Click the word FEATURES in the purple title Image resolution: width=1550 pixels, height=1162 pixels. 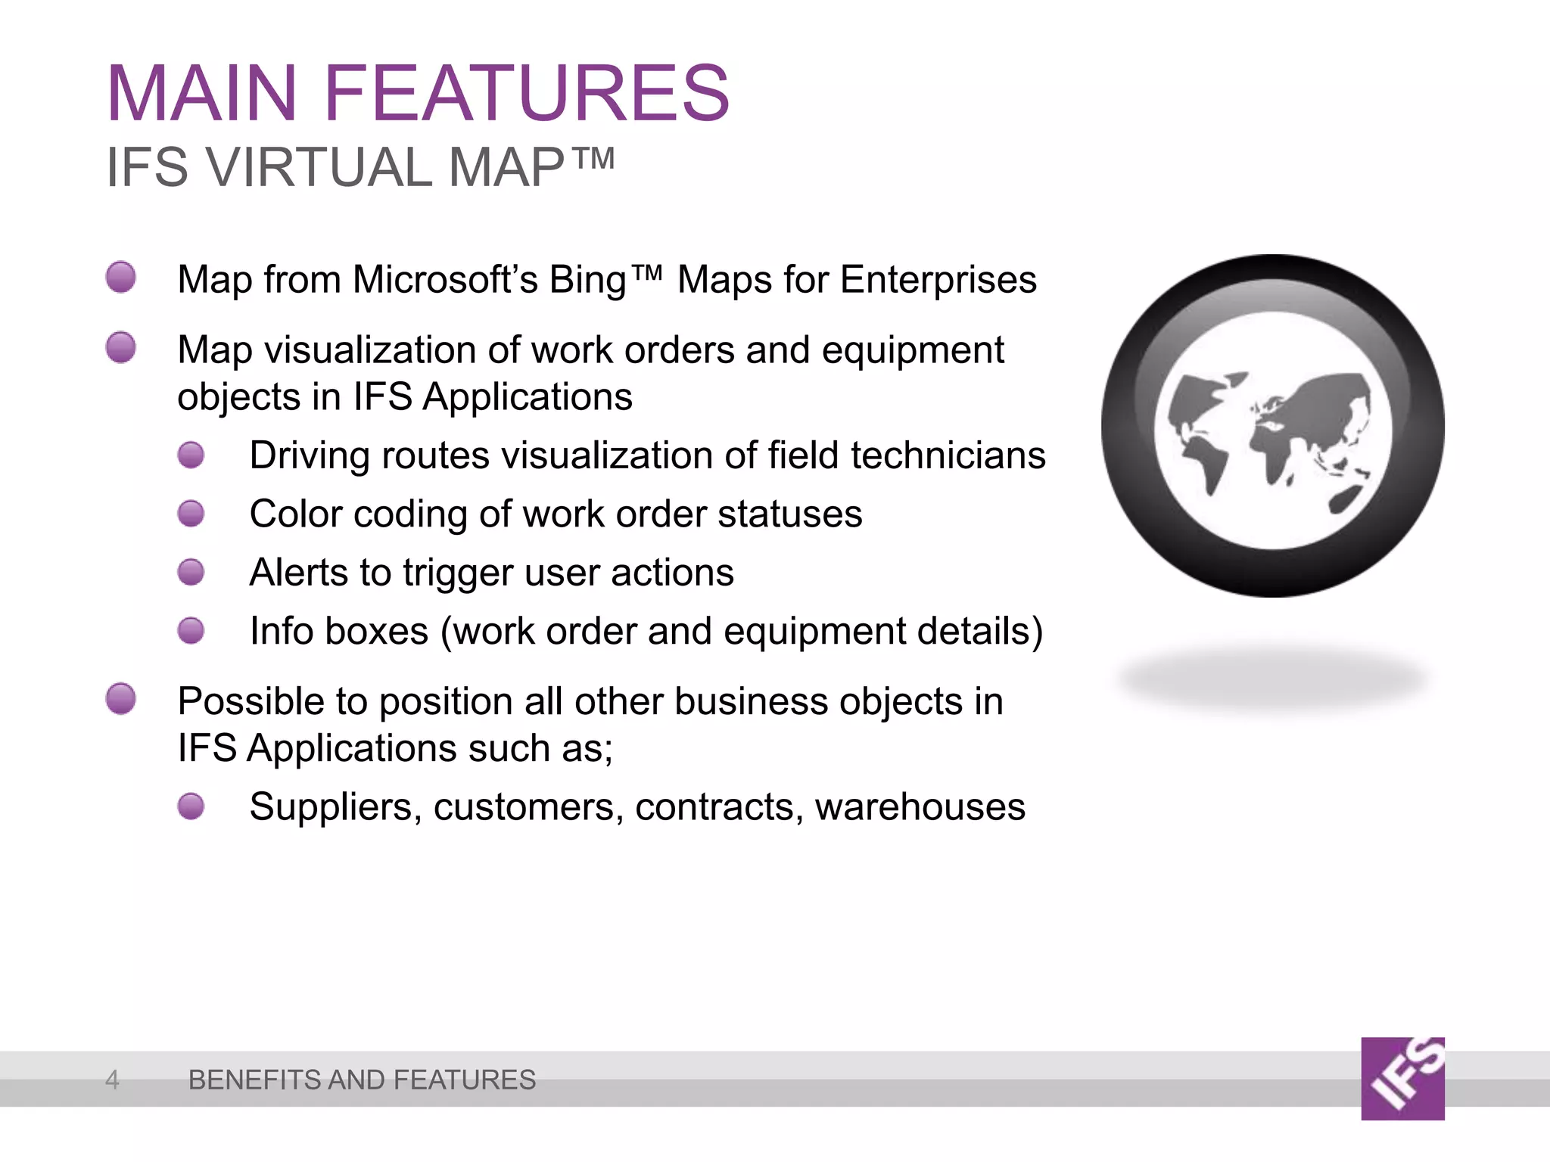527,94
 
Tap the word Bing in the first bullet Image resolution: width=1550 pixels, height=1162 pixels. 588,280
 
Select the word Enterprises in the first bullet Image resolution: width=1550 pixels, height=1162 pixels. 938,280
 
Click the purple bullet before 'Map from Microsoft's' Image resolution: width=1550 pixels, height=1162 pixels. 121,277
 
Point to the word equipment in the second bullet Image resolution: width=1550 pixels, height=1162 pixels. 912,350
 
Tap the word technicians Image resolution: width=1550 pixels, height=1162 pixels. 948,455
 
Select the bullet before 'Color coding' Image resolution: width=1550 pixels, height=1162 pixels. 191,514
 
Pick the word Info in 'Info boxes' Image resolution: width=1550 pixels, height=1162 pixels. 281,631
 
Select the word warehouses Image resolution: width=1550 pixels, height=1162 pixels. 920,806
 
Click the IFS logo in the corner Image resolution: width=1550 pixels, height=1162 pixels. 1402,1079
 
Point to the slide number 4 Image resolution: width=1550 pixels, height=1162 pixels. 112,1080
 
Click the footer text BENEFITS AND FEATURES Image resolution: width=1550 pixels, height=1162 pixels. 362,1080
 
